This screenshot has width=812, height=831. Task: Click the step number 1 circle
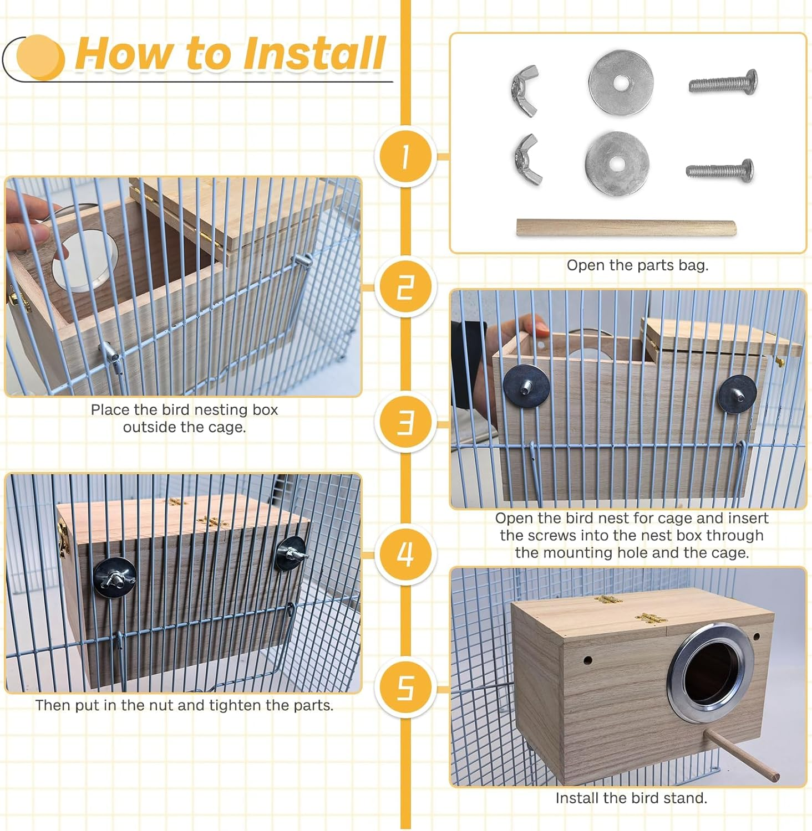pos(405,156)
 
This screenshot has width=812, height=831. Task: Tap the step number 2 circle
pos(405,288)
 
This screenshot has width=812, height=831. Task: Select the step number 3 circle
pos(405,423)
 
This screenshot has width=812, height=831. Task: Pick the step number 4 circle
pos(405,553)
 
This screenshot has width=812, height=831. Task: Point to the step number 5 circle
pos(405,688)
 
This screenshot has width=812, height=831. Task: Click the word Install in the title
pos(314,54)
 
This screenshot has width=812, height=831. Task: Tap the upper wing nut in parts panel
pos(525,90)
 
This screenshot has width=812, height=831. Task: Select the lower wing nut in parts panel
pos(526,160)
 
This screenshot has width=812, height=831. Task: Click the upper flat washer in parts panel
pos(621,83)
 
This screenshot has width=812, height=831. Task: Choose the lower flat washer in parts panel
pos(617,163)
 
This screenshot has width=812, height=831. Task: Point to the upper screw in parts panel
pos(723,83)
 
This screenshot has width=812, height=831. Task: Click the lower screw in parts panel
pos(720,170)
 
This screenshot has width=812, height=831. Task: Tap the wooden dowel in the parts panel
pos(626,228)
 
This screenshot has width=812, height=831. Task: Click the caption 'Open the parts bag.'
pos(637,265)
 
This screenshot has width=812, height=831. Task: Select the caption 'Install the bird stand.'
pos(631,798)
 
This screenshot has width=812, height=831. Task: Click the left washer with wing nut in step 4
pos(115,577)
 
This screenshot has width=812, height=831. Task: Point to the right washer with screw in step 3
pos(737,394)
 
